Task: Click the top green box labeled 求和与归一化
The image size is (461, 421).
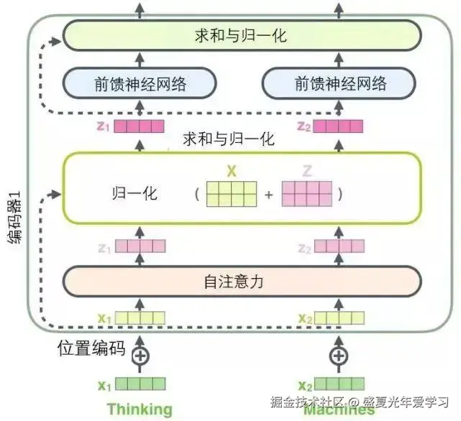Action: (241, 35)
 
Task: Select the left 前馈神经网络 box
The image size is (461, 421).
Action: (140, 84)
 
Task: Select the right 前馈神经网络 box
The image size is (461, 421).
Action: (340, 84)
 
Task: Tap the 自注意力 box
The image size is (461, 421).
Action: (241, 282)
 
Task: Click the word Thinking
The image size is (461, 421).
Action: (140, 410)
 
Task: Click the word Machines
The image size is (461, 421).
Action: (339, 410)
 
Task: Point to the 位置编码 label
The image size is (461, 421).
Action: (91, 350)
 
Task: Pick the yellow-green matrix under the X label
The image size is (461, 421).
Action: (231, 194)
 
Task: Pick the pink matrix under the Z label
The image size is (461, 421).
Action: (307, 194)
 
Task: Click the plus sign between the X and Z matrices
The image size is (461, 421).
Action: (269, 194)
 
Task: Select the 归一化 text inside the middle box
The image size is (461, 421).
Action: (134, 195)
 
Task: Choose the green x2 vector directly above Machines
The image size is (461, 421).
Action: (337, 384)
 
